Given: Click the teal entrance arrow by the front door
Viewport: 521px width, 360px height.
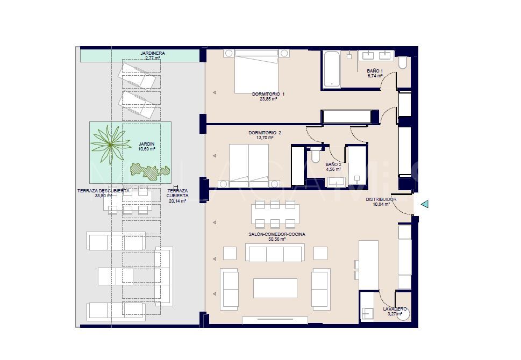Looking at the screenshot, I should tap(424, 204).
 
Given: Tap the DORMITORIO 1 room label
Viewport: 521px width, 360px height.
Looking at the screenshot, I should tap(268, 94).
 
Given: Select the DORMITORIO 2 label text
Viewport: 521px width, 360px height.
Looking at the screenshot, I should tap(265, 133).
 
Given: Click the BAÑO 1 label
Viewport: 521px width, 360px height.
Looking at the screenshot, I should tap(375, 71).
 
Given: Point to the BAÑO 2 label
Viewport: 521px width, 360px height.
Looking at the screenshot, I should tap(333, 164).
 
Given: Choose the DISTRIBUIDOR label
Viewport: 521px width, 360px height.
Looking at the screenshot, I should tap(381, 199).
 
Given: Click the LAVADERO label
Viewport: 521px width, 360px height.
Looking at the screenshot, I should tap(395, 309).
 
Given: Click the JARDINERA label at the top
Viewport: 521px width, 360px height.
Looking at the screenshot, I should tap(152, 54).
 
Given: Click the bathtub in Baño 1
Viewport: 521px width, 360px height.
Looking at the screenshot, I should tap(332, 69).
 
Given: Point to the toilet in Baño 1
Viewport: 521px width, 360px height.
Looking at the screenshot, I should tap(403, 63).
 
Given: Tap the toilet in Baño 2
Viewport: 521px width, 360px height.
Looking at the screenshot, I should tap(315, 155).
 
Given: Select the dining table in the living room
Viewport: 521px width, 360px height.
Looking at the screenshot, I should tap(275, 214).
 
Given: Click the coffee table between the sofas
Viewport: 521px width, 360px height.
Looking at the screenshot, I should tap(275, 287).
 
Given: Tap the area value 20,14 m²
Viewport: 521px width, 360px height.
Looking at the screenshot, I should tap(177, 201).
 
